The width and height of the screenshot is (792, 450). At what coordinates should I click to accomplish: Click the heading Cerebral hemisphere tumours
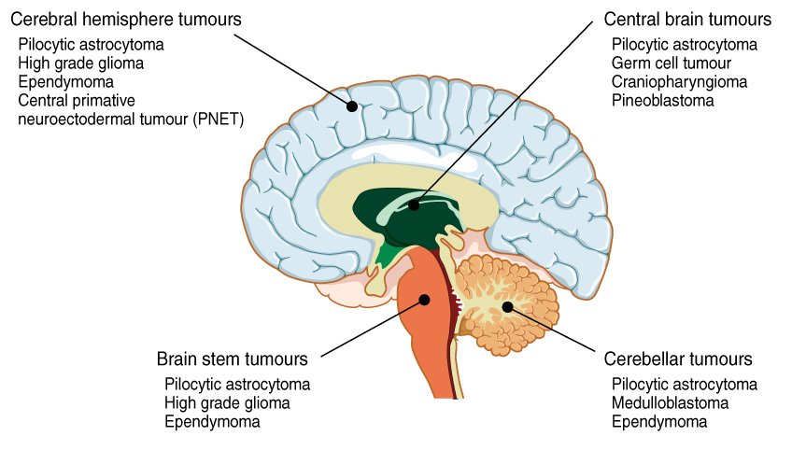(x=125, y=20)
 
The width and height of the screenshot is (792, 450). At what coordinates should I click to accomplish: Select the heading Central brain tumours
(x=687, y=20)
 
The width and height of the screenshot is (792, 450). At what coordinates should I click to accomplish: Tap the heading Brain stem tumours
(x=233, y=359)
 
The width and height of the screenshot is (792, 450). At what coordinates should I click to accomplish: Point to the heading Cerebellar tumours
(x=678, y=359)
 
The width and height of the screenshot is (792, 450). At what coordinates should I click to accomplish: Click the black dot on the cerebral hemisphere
(x=352, y=105)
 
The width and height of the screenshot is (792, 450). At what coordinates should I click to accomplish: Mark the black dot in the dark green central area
(x=414, y=204)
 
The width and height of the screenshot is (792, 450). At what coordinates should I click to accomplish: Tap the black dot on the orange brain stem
(x=425, y=300)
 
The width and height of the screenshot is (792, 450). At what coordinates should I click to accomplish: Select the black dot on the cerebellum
(x=507, y=306)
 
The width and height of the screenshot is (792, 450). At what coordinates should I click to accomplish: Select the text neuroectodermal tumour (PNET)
(x=131, y=119)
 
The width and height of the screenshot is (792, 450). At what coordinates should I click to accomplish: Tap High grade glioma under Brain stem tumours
(x=227, y=403)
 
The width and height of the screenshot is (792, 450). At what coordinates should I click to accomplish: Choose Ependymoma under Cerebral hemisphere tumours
(x=59, y=81)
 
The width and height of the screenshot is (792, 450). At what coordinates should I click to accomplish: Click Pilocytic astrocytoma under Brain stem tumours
(x=237, y=385)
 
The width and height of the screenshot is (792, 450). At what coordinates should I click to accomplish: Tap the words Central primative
(x=77, y=100)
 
